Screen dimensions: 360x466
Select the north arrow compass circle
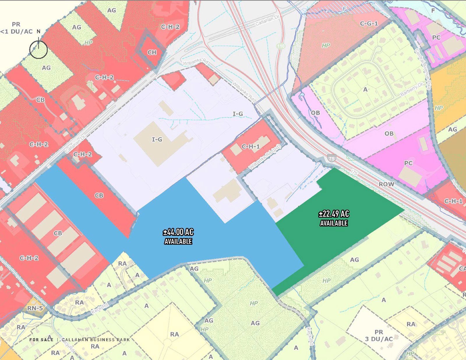[x=38, y=50]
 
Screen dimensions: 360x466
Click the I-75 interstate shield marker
[x=331, y=158]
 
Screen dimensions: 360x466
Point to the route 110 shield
[x=280, y=46]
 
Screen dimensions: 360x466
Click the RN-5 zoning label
[x=35, y=308]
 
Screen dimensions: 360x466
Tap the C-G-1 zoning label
[x=369, y=23]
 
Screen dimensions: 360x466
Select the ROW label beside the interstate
[x=386, y=184]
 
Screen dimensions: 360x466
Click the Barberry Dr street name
[x=411, y=90]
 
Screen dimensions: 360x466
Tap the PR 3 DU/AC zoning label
[x=379, y=336]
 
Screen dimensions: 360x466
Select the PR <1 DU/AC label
[x=16, y=28]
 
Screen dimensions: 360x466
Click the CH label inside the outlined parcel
[x=152, y=52]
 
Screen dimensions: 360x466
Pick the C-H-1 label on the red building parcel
[x=250, y=147]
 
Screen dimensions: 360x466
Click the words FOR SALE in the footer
[x=41, y=340]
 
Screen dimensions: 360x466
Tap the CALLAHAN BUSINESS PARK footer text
[x=96, y=340]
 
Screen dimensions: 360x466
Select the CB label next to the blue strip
[x=99, y=195]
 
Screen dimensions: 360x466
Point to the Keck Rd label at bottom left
[x=100, y=308]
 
